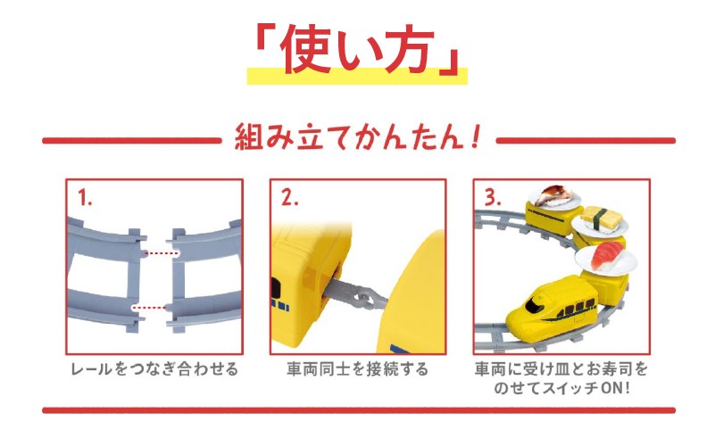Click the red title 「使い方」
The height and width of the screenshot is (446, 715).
coord(357,49)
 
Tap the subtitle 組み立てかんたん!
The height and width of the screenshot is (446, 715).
coord(358,137)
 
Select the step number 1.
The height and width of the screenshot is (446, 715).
coord(85,198)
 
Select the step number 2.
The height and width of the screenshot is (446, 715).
coord(289,198)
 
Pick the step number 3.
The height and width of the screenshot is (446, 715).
coord(493,197)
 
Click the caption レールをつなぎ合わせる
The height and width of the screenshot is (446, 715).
coord(154,368)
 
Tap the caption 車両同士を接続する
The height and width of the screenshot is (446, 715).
coord(357,368)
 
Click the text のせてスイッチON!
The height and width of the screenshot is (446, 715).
coord(561,388)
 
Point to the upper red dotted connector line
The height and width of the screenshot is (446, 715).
coord(161,252)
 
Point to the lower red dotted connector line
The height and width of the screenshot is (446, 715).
coord(149,308)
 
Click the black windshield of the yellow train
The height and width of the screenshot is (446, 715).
coord(532,304)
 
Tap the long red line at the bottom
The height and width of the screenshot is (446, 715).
coord(359,410)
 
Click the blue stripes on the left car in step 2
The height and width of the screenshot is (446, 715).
coord(279,305)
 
